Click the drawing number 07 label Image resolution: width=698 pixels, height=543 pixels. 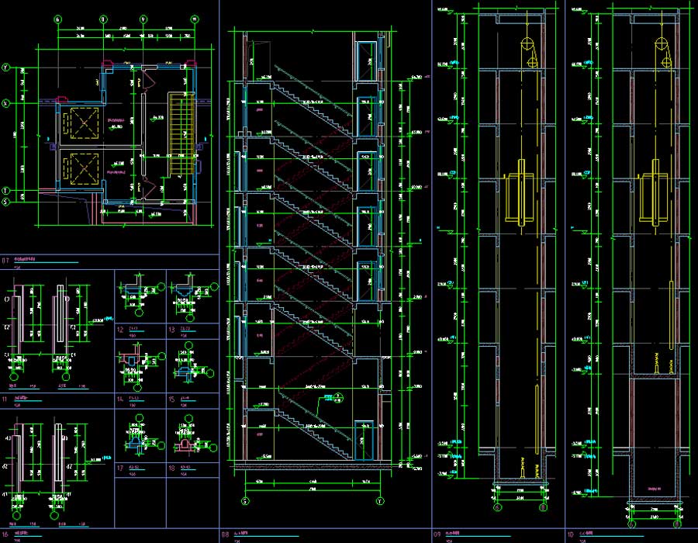pyautogui.click(x=6, y=260)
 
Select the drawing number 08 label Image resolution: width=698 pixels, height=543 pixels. pyautogui.click(x=226, y=534)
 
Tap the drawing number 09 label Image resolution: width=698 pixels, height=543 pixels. pyautogui.click(x=437, y=534)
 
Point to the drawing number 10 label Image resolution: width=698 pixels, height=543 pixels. pyautogui.click(x=570, y=534)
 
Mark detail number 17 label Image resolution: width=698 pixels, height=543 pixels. pyautogui.click(x=121, y=468)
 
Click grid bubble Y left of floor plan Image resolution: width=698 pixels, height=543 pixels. pyautogui.click(x=6, y=67)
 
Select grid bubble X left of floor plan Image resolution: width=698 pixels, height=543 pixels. pyautogui.click(x=6, y=102)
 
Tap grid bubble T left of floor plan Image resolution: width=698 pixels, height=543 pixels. pyautogui.click(x=6, y=190)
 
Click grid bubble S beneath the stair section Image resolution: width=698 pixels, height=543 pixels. pyautogui.click(x=246, y=501)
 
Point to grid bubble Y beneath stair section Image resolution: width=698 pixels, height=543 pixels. pyautogui.click(x=380, y=501)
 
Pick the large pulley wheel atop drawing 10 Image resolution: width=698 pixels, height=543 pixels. pyautogui.click(x=661, y=44)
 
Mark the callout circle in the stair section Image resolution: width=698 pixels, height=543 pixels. pyautogui.click(x=328, y=397)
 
